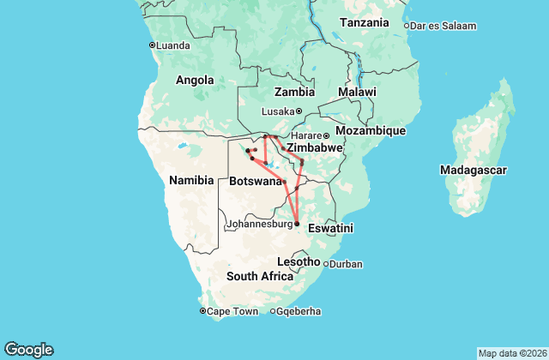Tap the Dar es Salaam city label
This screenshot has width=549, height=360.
point(443,26)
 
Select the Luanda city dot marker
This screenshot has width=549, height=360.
point(152,45)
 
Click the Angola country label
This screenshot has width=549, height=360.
point(195,80)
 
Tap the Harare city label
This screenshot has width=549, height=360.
point(306,135)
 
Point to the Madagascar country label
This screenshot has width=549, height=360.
point(472,170)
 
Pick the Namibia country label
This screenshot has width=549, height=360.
point(190,180)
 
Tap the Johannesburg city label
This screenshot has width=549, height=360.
point(259,225)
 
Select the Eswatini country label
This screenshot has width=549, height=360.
point(330,229)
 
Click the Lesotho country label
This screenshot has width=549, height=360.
point(299,261)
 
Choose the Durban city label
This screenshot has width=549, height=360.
point(347,264)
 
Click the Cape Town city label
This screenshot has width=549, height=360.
point(232,311)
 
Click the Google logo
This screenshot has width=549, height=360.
point(28,350)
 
